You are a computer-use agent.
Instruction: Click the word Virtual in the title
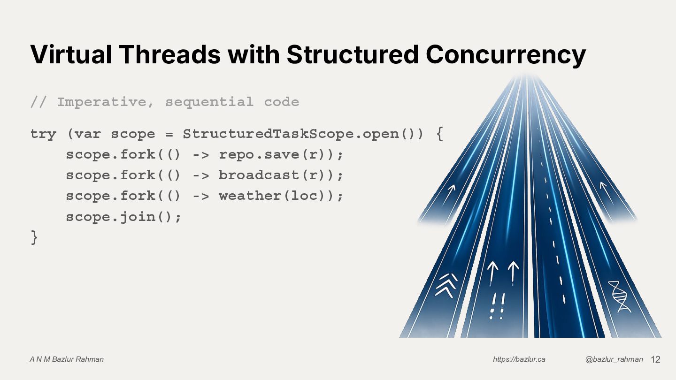(71, 54)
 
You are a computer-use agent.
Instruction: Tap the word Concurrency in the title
(506, 54)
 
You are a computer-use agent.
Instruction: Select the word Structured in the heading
(352, 54)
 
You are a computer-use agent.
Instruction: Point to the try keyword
(43, 134)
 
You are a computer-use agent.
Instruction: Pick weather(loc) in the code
(276, 196)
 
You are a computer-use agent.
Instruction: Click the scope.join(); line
(123, 217)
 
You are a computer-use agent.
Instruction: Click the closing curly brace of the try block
(34, 237)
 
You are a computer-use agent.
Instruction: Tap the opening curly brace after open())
(439, 134)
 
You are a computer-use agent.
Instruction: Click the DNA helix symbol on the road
(620, 296)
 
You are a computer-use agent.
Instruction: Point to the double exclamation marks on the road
(497, 306)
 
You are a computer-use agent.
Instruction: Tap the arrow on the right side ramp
(605, 188)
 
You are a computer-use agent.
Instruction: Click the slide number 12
(655, 359)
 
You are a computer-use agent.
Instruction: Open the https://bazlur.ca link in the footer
(519, 359)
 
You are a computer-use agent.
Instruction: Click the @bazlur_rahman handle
(614, 359)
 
